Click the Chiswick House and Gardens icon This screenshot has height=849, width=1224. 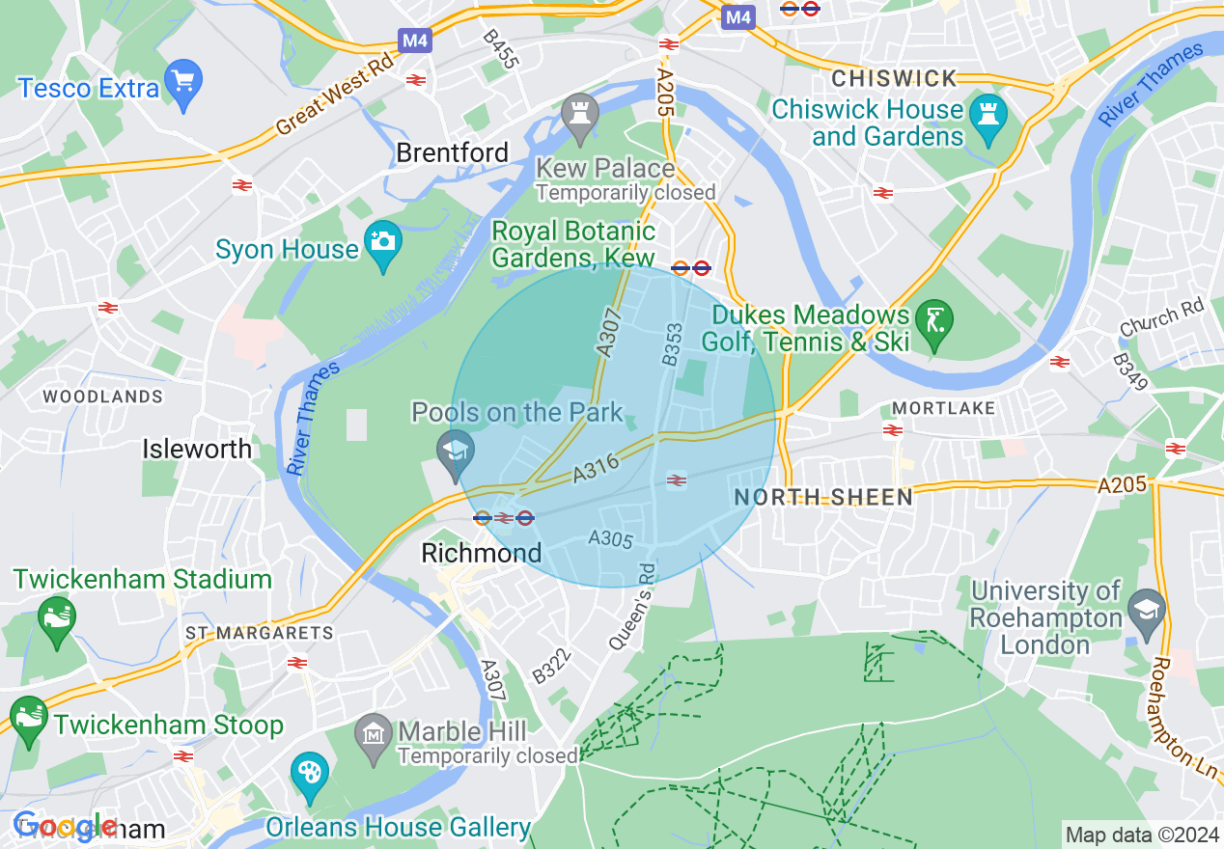989,114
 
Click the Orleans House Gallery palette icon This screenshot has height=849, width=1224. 310,774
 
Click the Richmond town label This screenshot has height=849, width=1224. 482,553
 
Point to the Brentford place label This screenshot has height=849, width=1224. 452,152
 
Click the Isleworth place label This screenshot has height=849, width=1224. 197,449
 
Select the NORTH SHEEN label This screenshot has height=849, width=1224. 822,497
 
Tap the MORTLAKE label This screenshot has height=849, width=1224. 943,408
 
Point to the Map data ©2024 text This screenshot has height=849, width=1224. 1139,835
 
